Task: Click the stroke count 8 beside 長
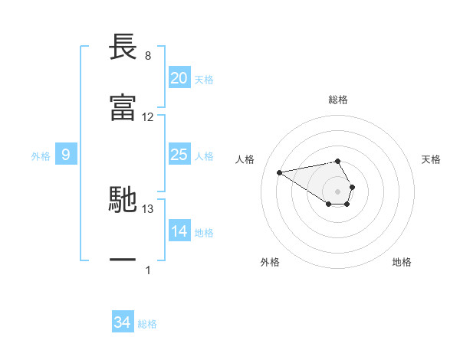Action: tap(148, 56)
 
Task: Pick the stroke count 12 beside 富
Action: tap(148, 117)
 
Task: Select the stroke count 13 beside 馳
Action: tap(148, 208)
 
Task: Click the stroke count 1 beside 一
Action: tap(148, 270)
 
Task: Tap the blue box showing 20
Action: tap(179, 78)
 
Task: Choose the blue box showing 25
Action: tap(179, 155)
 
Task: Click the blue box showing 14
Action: tap(179, 231)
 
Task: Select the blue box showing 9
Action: tap(66, 155)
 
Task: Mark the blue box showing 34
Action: tap(122, 322)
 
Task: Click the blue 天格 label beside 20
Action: tap(204, 80)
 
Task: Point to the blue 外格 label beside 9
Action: tap(41, 156)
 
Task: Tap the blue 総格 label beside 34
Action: tap(147, 324)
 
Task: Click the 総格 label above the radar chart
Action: tap(338, 100)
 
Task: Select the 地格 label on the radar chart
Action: tap(402, 262)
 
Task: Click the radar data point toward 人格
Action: tap(280, 172)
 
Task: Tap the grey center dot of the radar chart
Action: tap(338, 190)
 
